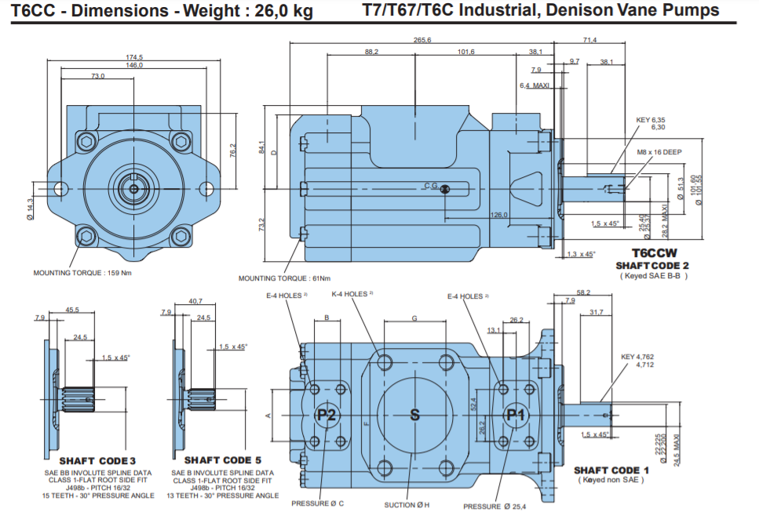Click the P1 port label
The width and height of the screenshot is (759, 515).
pos(515,415)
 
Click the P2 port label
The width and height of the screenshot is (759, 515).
pos(327,415)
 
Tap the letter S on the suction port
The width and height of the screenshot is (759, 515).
pos(415,415)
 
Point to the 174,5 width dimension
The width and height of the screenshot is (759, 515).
pos(134,57)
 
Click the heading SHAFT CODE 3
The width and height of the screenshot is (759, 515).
pos(97,460)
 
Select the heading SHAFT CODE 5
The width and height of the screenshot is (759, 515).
pos(222,460)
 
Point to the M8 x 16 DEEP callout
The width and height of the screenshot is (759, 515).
pos(659,152)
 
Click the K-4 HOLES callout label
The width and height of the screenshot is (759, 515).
pos(351,294)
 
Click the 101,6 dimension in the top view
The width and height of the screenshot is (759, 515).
pos(465,52)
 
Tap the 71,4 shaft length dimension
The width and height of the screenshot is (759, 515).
pos(589,41)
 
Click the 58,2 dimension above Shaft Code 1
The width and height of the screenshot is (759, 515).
pos(582,292)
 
